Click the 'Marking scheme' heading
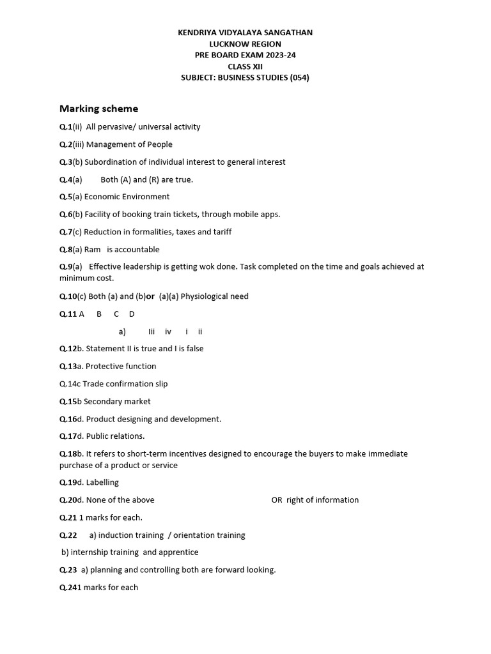pyautogui.click(x=98, y=109)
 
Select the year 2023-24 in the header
pyautogui.click(x=279, y=55)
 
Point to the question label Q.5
pyautogui.click(x=65, y=197)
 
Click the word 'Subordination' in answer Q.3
pyautogui.click(x=109, y=162)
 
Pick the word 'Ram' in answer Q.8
pyautogui.click(x=93, y=249)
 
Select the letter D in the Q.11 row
pyautogui.click(x=132, y=314)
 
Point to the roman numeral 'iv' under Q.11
pyautogui.click(x=168, y=331)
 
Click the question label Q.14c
pyautogui.click(x=70, y=384)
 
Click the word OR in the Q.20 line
pyautogui.click(x=277, y=499)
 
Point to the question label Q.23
pyautogui.click(x=68, y=570)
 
